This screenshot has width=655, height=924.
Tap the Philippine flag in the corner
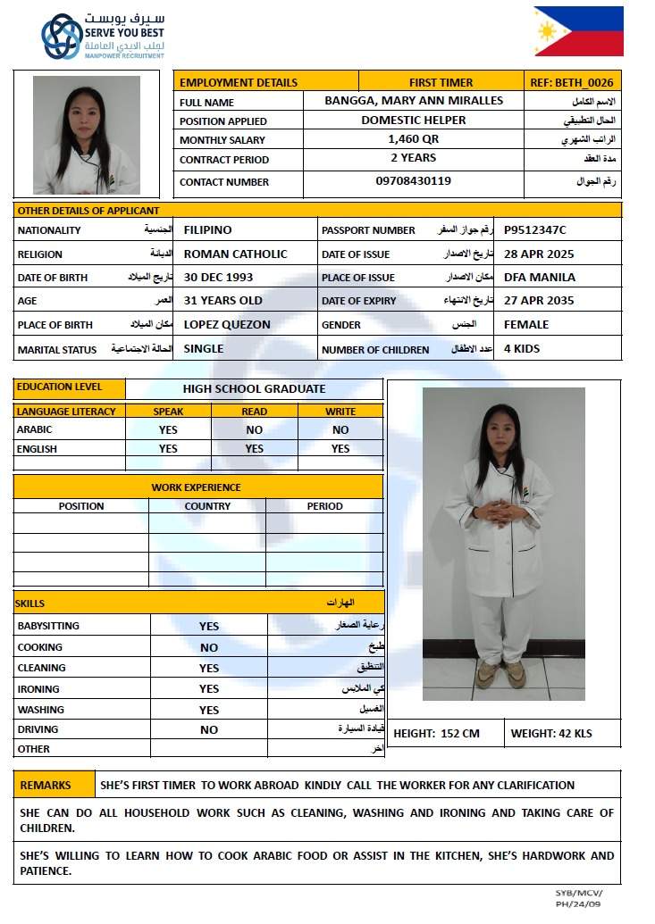(x=578, y=31)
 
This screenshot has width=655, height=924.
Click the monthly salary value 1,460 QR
(x=414, y=139)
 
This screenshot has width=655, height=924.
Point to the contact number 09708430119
(x=413, y=181)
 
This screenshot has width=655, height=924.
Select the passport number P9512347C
(x=535, y=230)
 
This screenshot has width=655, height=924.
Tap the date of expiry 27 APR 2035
(x=539, y=301)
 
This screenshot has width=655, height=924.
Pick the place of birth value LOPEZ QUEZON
(x=227, y=325)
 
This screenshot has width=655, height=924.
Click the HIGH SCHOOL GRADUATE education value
(x=254, y=389)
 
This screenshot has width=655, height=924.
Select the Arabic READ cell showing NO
(x=254, y=429)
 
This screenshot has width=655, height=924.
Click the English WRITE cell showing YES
(x=340, y=449)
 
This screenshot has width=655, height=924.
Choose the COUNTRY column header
(x=207, y=506)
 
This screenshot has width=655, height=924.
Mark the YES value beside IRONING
(x=209, y=689)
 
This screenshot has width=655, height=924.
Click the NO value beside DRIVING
(x=209, y=730)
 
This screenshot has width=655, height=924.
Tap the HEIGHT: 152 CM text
(x=436, y=734)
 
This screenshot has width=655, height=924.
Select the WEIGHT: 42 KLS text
(x=551, y=734)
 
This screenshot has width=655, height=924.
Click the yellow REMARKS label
(x=46, y=786)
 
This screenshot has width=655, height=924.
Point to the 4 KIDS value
(x=522, y=349)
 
